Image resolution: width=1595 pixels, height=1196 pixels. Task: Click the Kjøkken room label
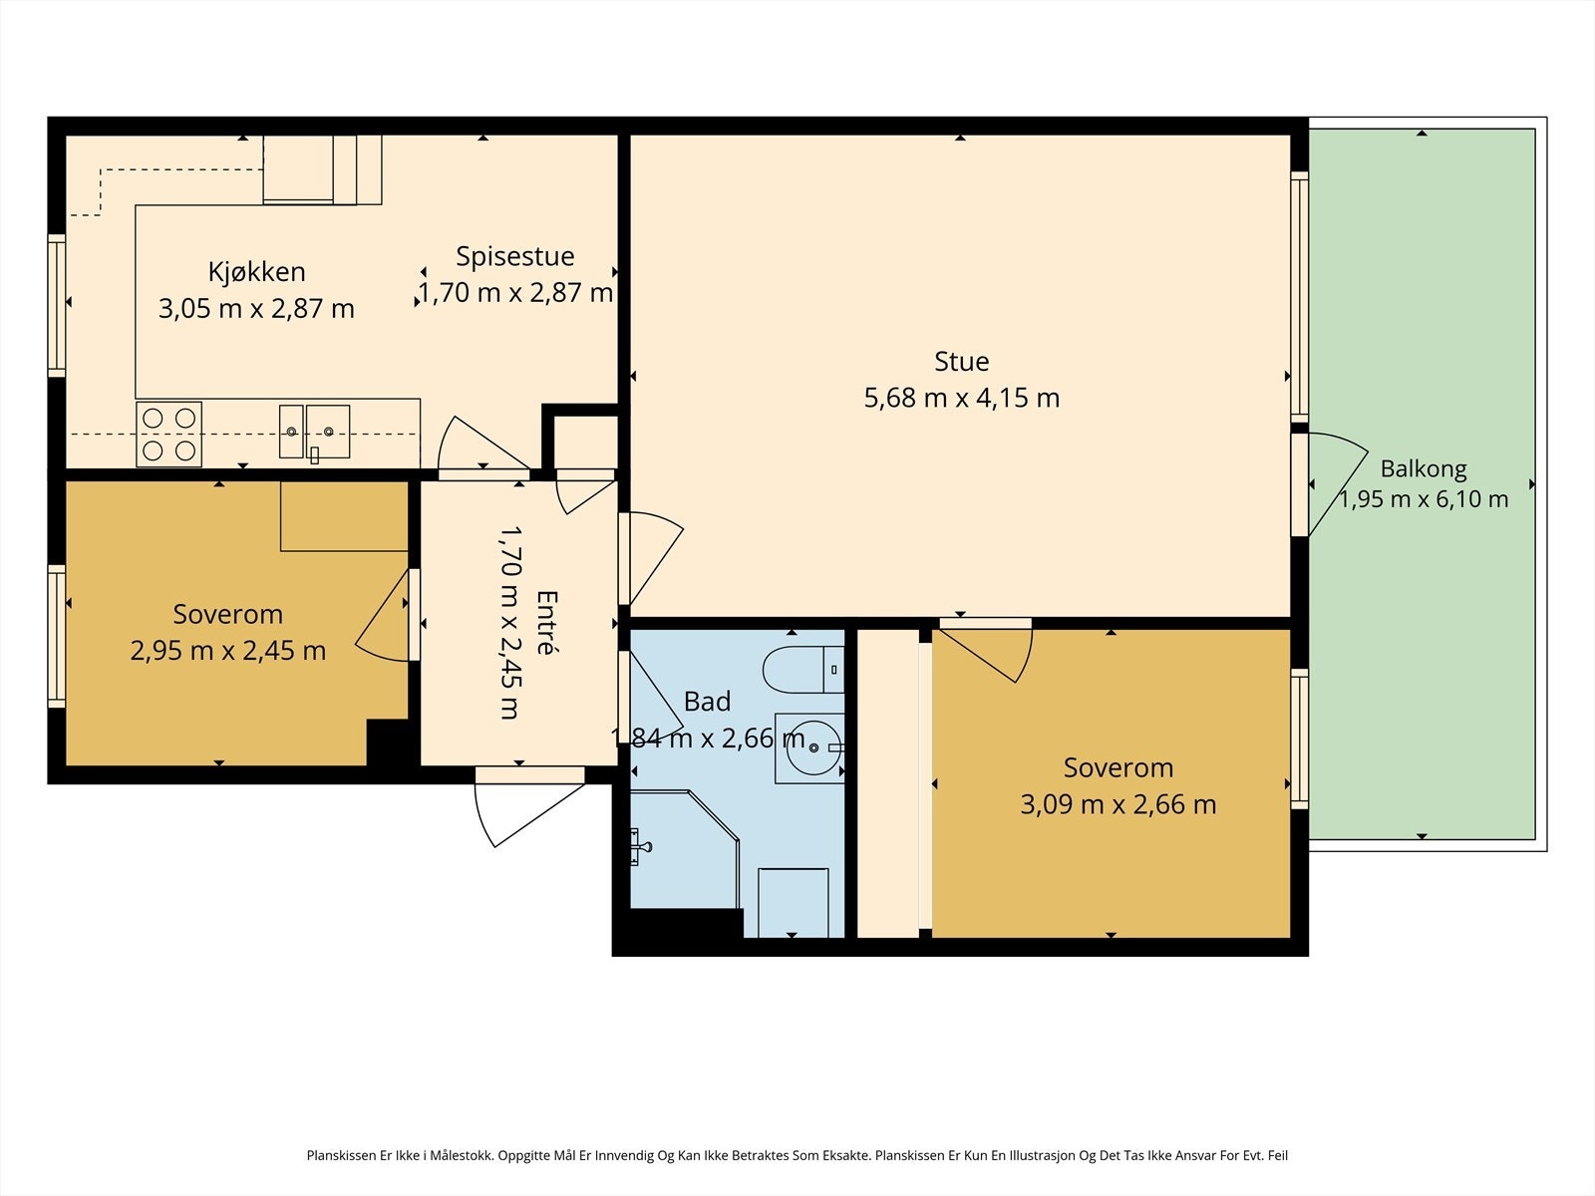[x=256, y=272]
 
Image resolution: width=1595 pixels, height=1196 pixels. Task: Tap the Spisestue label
[x=515, y=256]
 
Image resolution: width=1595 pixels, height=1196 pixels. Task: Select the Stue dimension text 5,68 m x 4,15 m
[x=961, y=398]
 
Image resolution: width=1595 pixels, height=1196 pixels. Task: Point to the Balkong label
[x=1424, y=469]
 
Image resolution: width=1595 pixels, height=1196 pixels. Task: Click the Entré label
[x=546, y=622]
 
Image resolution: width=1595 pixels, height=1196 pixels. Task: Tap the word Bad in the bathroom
[x=707, y=702]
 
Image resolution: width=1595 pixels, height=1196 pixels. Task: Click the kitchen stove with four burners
[x=168, y=435]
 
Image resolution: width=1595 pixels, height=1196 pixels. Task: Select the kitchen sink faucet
[x=315, y=455]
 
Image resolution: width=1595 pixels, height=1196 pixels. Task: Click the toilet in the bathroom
[x=802, y=669]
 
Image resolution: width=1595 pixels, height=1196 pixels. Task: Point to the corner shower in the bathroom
[x=684, y=849]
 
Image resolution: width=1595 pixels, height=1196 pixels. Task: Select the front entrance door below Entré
[x=528, y=807]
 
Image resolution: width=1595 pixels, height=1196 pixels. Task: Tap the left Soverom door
[x=383, y=616]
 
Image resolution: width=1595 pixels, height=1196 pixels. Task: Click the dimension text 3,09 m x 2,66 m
[x=1118, y=804]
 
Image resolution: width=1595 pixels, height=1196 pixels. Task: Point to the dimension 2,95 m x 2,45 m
[x=228, y=651]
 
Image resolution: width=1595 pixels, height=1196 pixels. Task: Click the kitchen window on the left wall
[x=57, y=306]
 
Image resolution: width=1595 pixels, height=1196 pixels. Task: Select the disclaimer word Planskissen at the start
[x=342, y=1155]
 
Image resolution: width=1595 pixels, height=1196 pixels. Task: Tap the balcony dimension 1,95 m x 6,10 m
[x=1424, y=499]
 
